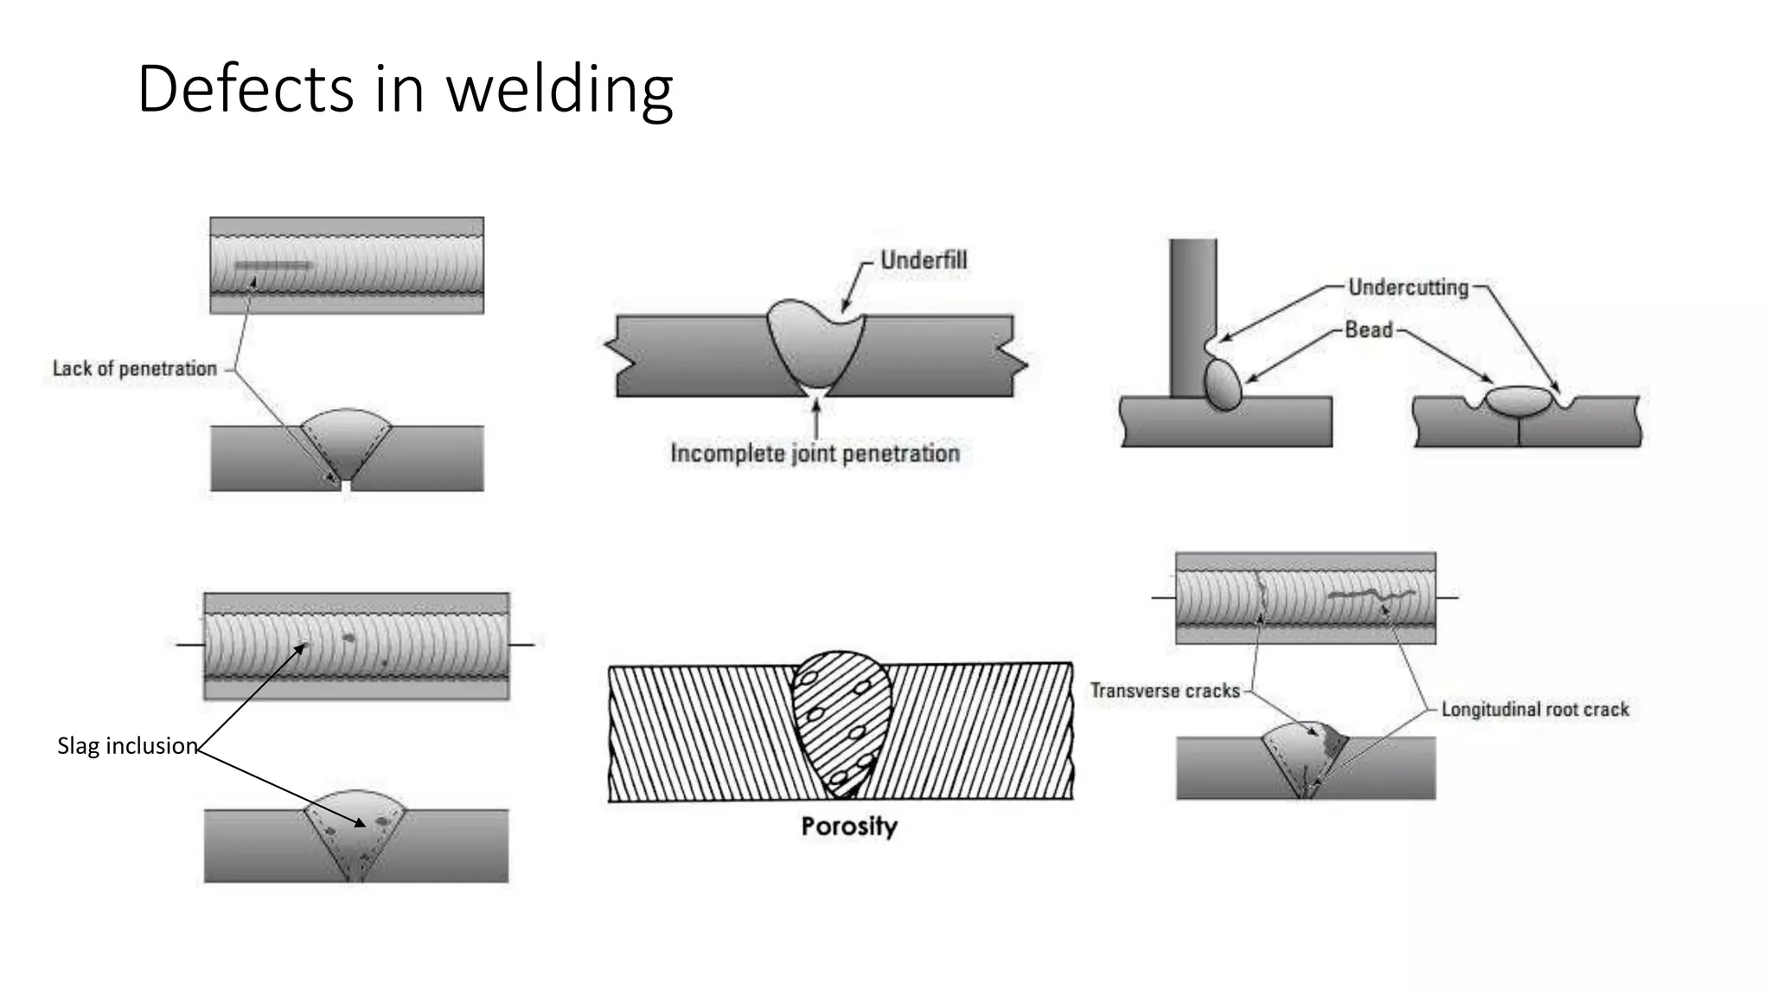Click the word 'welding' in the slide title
(559, 89)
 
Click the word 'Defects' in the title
(246, 89)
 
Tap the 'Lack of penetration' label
(135, 368)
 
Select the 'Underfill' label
(923, 260)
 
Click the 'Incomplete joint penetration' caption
(815, 453)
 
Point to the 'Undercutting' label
(1408, 287)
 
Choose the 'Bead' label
(1368, 329)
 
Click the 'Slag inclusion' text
(127, 745)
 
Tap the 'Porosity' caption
(848, 826)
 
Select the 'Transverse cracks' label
(1164, 691)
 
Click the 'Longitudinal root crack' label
(1534, 710)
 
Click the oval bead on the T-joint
(1223, 384)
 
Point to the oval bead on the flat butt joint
(1518, 401)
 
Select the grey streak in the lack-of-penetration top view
(272, 265)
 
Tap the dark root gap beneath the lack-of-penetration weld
(347, 488)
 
